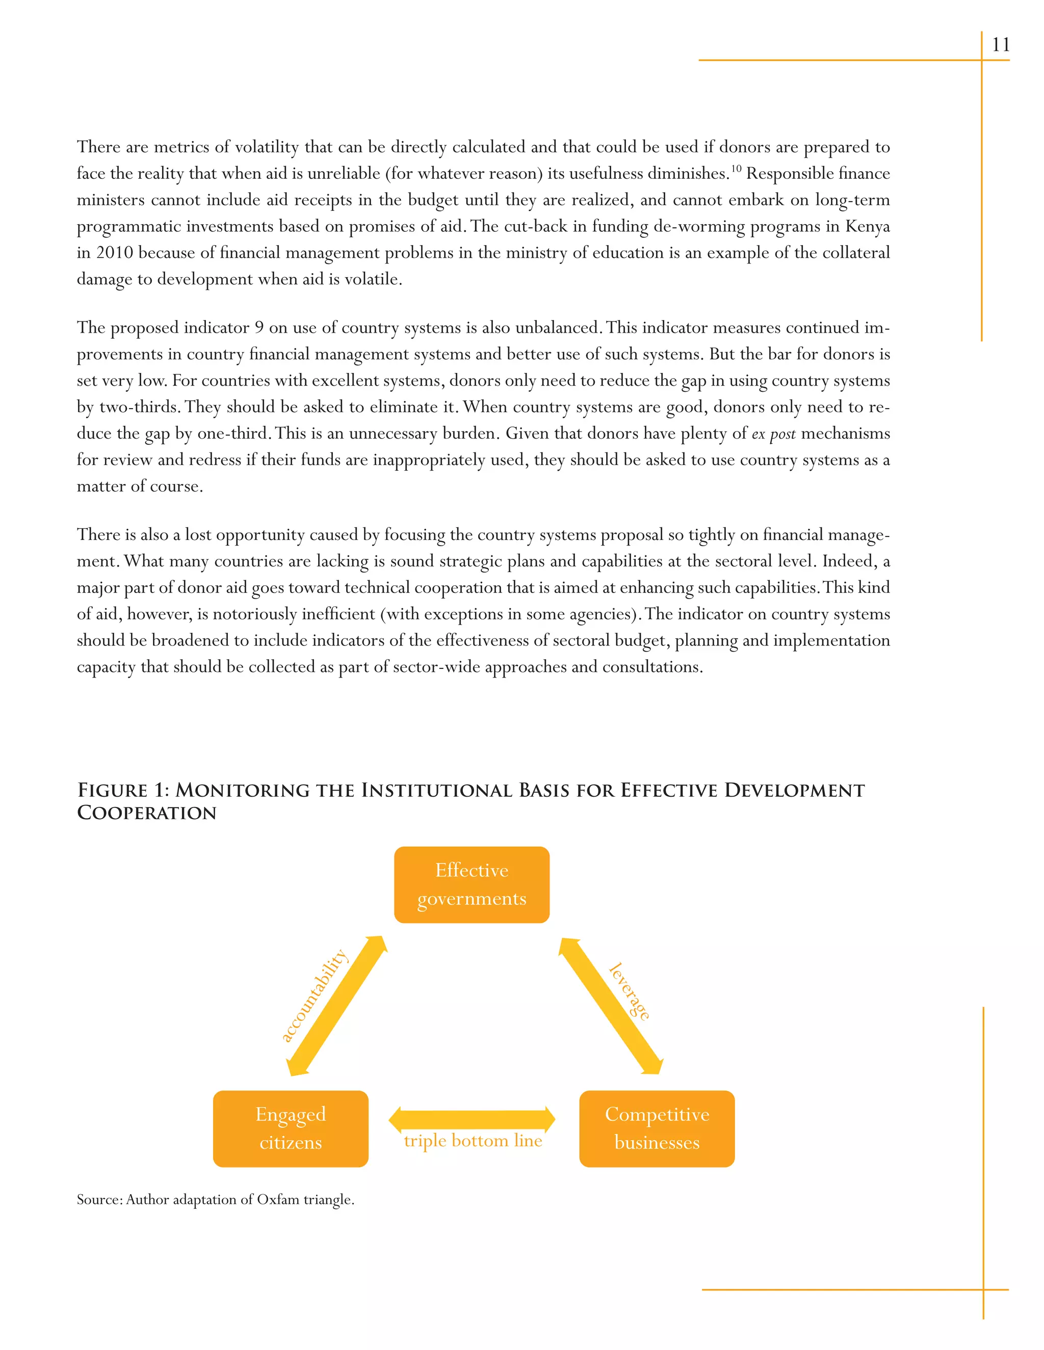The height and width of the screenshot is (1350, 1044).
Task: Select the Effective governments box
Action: pos(472,884)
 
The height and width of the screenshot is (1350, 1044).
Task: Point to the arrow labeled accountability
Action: pos(337,1006)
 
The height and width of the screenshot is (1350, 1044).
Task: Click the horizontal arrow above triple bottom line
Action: pos(472,1119)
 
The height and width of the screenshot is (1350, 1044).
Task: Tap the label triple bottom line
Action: pos(473,1141)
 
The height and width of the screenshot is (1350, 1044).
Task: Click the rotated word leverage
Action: pos(629,991)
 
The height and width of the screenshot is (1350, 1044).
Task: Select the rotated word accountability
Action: pos(314,995)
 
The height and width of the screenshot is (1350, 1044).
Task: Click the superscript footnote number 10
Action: pos(736,168)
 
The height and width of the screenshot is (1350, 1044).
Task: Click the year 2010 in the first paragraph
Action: pos(114,253)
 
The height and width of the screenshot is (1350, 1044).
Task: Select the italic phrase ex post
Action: pos(773,434)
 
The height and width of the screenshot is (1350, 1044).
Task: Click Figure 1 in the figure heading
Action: pos(122,790)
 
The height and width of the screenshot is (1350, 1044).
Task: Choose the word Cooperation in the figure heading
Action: pos(147,813)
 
